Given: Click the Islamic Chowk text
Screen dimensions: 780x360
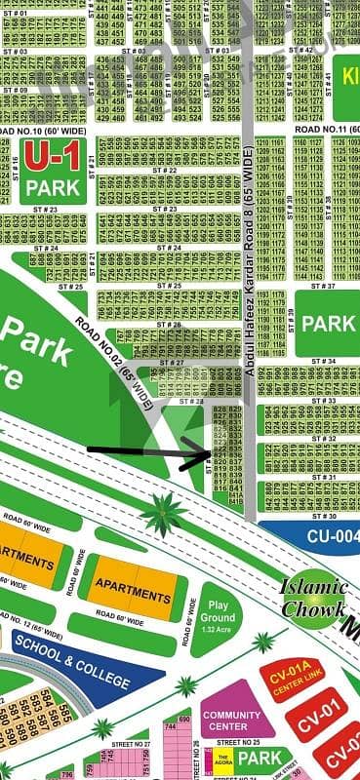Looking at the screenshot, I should point(314,599).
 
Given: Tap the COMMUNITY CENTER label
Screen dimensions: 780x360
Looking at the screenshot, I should point(231,721).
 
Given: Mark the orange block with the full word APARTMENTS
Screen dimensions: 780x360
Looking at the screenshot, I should point(133,592).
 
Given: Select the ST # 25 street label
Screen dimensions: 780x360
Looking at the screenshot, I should point(71,287).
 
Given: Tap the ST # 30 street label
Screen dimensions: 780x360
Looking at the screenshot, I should point(324,516).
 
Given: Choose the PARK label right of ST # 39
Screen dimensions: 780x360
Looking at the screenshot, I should point(326,323).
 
